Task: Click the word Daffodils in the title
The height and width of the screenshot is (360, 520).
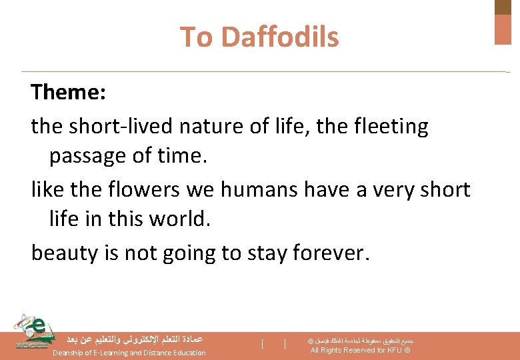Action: [x=280, y=37]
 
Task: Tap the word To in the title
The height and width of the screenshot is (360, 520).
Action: [x=196, y=37]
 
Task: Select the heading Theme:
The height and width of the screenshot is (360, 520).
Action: [x=68, y=93]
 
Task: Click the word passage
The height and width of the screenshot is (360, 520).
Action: [x=87, y=156]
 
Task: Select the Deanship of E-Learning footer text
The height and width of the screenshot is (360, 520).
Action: [x=129, y=353]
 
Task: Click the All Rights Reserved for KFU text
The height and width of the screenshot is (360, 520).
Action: [x=360, y=350]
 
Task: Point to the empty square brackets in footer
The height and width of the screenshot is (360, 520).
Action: [x=273, y=344]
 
